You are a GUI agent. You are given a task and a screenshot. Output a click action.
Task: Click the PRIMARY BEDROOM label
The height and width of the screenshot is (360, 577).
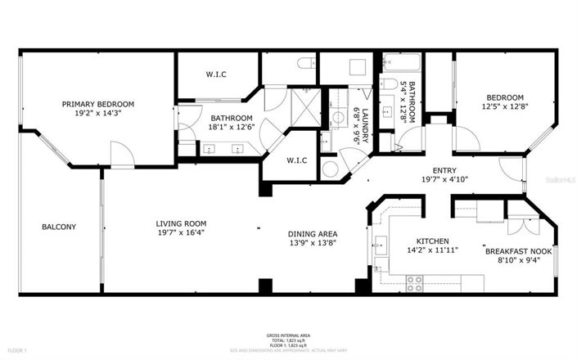98,105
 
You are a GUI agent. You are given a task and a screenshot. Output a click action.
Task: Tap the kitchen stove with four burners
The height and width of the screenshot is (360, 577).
415,283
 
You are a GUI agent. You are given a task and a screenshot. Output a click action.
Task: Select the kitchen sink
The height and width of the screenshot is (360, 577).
380,245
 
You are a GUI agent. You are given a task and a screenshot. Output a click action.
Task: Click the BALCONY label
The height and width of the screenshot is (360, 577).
59,227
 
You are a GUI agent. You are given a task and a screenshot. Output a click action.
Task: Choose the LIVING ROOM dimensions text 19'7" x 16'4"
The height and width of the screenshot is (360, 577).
181,233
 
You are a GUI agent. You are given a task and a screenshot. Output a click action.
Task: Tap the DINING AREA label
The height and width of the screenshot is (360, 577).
312,232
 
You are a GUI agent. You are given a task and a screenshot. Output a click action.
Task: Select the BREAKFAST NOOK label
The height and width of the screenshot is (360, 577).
519,250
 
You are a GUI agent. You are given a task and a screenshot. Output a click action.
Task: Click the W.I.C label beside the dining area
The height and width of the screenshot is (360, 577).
297,160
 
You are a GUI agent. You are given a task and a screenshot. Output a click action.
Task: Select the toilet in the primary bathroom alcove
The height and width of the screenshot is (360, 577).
306,64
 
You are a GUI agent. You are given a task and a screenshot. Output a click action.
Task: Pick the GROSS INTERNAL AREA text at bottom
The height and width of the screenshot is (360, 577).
288,335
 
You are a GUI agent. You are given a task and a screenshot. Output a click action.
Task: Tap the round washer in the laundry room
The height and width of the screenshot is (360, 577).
330,169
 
